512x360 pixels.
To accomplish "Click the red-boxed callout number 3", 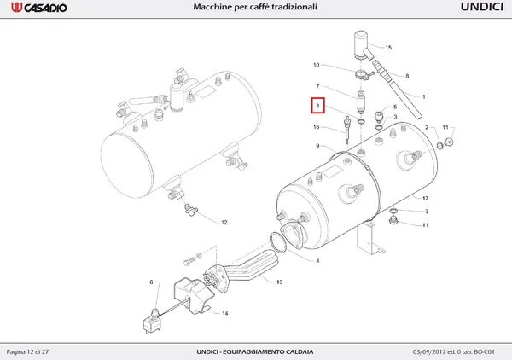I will [x=317, y=107].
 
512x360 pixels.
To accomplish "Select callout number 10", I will [x=316, y=65].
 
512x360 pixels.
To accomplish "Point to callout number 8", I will [x=406, y=76].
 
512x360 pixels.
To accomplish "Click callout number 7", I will [x=317, y=87].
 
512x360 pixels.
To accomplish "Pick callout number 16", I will [x=317, y=127].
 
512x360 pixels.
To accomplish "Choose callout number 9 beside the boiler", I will [x=317, y=147].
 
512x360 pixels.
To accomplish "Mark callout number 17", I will [x=424, y=198].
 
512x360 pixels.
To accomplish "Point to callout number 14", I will [x=225, y=314].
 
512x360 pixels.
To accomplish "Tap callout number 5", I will [x=395, y=107].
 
